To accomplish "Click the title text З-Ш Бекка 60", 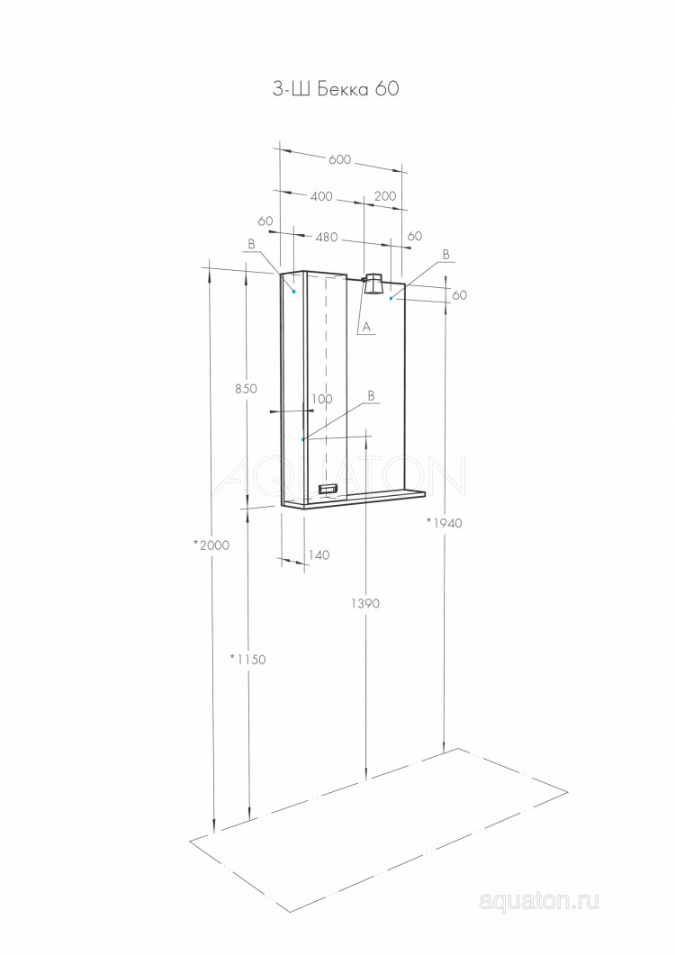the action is click(x=336, y=89).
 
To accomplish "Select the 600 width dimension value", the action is click(x=340, y=159).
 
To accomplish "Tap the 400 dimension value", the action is click(x=321, y=196).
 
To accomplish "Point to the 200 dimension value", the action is click(x=385, y=196).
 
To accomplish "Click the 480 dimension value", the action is click(x=327, y=238).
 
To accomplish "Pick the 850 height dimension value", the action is click(x=246, y=389).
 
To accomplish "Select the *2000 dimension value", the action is click(x=211, y=545).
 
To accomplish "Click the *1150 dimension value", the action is click(x=247, y=659).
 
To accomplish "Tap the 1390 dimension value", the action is click(x=364, y=604).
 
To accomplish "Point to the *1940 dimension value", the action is click(x=444, y=523).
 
